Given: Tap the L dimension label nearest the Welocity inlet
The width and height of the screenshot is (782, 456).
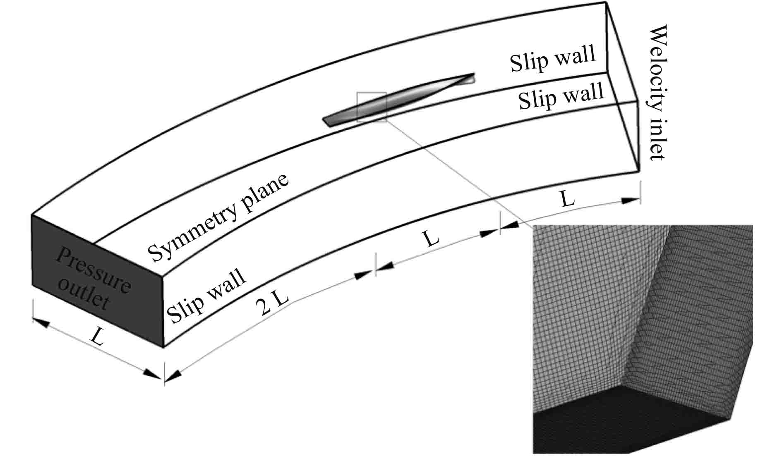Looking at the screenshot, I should point(567,200).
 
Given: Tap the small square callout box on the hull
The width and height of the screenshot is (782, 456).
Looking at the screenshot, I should point(372,107).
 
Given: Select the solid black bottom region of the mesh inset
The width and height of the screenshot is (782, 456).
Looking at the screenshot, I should point(621,426).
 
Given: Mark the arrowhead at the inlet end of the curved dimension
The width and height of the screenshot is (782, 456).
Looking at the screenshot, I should point(631,201).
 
